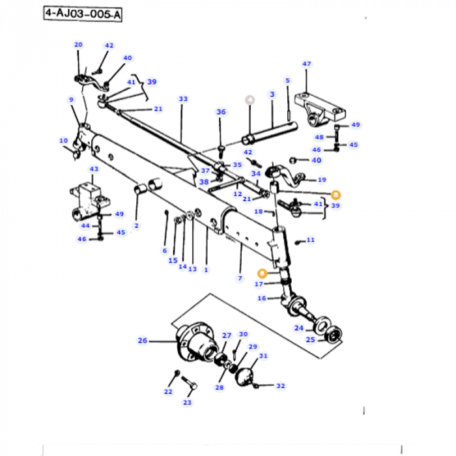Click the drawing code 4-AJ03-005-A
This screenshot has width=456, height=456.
pyautogui.click(x=83, y=14)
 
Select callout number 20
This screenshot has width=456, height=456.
pyautogui.click(x=78, y=44)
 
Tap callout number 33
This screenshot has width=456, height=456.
pyautogui.click(x=183, y=99)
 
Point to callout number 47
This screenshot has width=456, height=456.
pyautogui.click(x=307, y=64)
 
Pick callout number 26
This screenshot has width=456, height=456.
pyautogui.click(x=143, y=340)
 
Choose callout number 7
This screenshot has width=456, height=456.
pyautogui.click(x=240, y=278)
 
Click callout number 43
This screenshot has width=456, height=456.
pyautogui.click(x=94, y=169)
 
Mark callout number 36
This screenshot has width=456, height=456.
pyautogui.click(x=221, y=112)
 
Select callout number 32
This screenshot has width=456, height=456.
pyautogui.click(x=280, y=386)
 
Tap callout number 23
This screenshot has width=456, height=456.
pyautogui.click(x=187, y=403)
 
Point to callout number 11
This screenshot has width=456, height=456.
pyautogui.click(x=310, y=240)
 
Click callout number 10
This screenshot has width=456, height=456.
pyautogui.click(x=63, y=141)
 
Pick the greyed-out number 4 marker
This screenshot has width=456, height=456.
pyautogui.click(x=249, y=100)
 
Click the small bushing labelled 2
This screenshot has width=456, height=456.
pyautogui.click(x=141, y=190)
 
